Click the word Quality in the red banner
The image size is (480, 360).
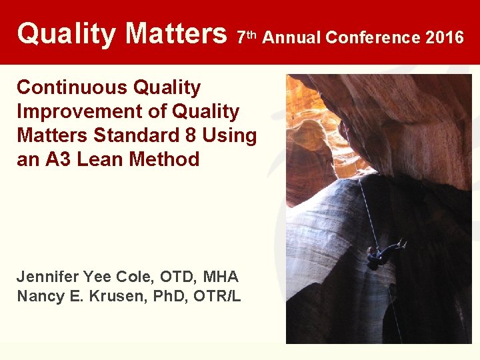click(x=66, y=33)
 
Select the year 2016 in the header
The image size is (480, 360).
click(x=444, y=37)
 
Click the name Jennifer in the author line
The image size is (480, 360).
click(x=47, y=277)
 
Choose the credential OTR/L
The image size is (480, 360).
click(x=217, y=296)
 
